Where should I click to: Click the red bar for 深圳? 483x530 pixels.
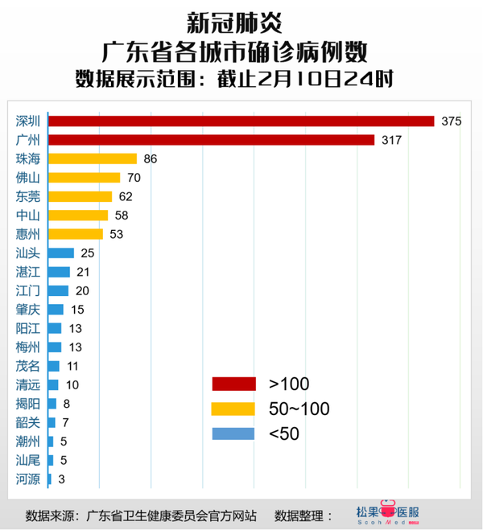pos(242,121)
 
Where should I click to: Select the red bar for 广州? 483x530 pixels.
pos(212,140)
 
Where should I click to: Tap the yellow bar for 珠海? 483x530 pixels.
pos(93,158)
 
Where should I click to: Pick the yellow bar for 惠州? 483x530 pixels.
pos(76,234)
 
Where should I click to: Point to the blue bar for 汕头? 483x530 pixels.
pos(61,253)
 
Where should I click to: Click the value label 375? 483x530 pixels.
pos(451,121)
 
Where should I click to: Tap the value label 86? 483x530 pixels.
pos(151,158)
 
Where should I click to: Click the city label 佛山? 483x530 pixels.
pos(28,177)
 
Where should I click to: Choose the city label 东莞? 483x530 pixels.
pos(28,196)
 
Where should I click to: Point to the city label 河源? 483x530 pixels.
pos(28,479)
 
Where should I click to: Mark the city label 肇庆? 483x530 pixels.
pos(28,310)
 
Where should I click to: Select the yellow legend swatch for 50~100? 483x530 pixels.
pos(233,409)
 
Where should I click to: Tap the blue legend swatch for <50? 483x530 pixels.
pos(233,434)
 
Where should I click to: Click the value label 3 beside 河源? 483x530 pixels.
pos(63,479)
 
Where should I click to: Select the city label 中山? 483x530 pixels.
pos(28,215)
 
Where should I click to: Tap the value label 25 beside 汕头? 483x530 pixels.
pos(88,253)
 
